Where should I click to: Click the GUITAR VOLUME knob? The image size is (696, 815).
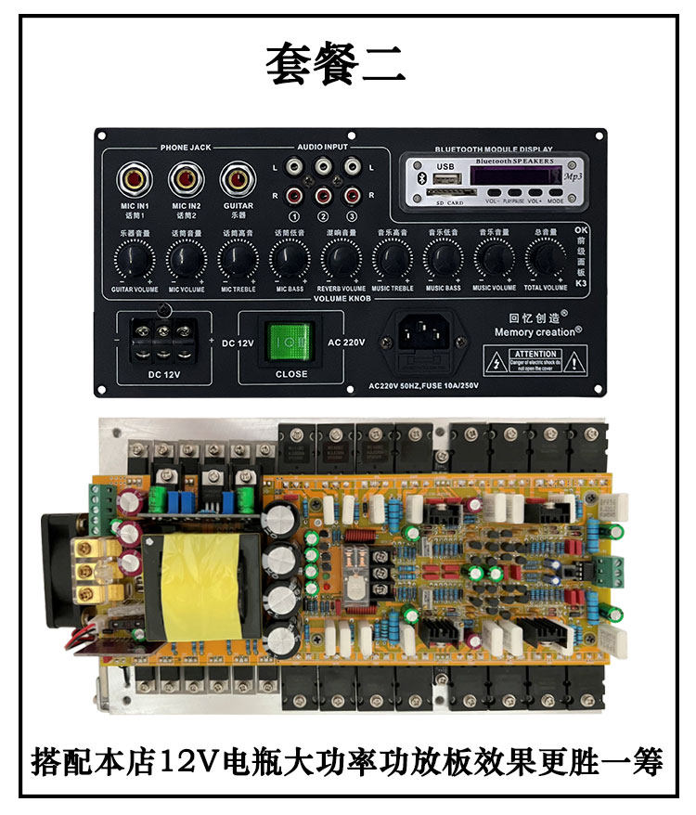point(135,258)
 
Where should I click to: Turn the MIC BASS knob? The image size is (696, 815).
point(289,258)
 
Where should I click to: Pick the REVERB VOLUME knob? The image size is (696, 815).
point(341,258)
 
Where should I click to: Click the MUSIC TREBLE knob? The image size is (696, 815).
point(393,258)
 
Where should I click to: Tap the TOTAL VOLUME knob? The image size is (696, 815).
point(545,258)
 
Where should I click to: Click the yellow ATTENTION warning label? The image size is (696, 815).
point(535,359)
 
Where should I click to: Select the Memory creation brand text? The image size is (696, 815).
point(537,330)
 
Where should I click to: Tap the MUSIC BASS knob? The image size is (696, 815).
point(443,258)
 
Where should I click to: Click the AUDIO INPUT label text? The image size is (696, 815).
point(322,148)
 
